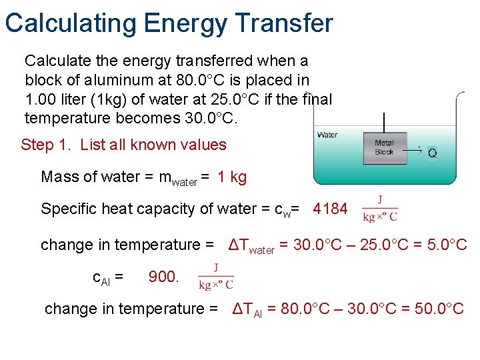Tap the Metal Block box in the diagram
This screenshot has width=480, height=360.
(x=385, y=147)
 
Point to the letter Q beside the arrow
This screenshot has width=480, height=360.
(x=433, y=153)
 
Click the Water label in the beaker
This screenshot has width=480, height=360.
(x=327, y=135)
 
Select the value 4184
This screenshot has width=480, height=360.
(x=330, y=209)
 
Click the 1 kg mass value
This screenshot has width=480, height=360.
(x=232, y=177)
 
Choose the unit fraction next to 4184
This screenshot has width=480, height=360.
(x=379, y=209)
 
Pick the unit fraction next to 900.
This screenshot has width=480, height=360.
(x=215, y=277)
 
